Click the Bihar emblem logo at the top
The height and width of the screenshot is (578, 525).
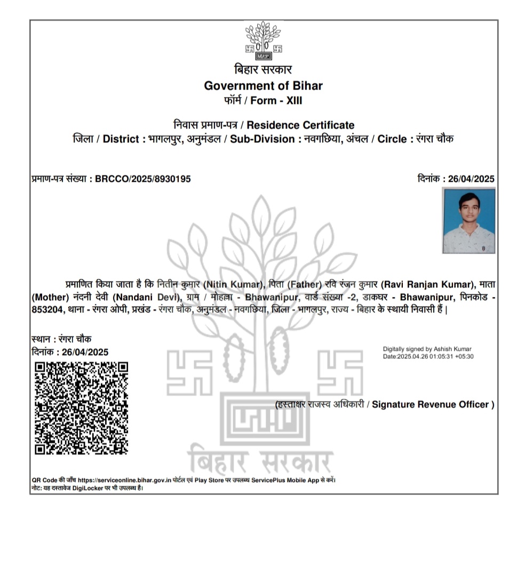264,40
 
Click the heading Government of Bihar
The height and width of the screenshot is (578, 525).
263,85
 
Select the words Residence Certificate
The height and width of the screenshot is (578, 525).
300,125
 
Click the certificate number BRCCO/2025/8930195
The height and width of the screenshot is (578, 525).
142,179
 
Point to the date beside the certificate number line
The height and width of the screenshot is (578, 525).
471,179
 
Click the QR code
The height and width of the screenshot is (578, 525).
82,408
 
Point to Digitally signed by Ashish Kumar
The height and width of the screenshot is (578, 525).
427,349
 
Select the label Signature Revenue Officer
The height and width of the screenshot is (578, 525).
433,405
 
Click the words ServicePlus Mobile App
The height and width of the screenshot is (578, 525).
291,480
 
